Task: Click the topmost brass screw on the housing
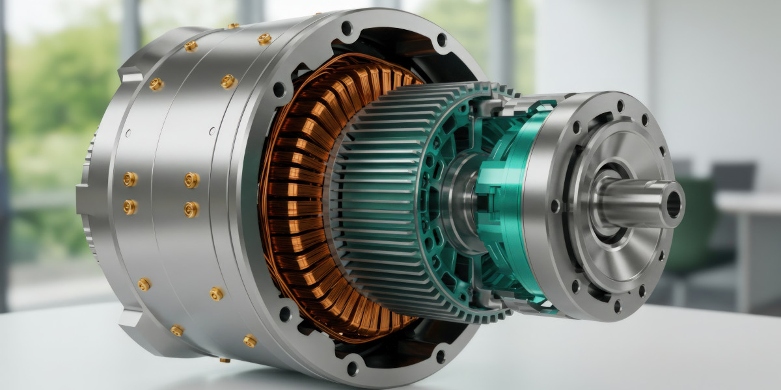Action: (232, 26)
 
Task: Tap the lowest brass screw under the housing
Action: (225, 359)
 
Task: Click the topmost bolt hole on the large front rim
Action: (346, 28)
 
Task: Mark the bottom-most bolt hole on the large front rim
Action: (352, 368)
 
